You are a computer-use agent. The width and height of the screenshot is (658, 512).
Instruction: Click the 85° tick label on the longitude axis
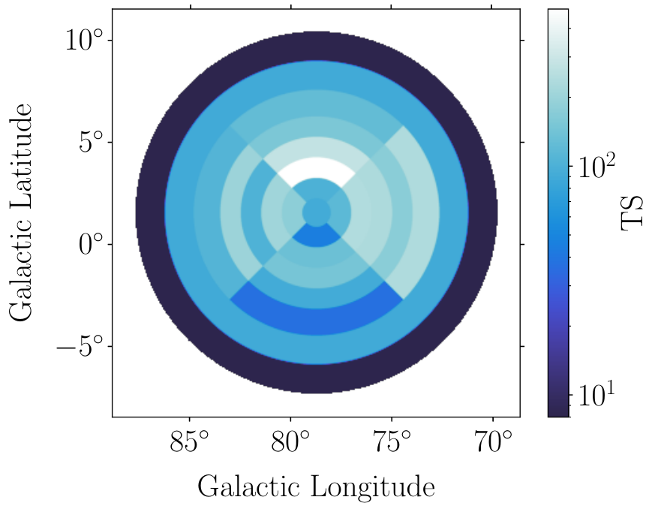[x=189, y=441]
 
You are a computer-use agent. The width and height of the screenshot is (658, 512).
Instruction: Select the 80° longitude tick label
[x=290, y=441]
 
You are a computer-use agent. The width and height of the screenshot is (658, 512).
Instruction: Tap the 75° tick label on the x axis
[x=392, y=441]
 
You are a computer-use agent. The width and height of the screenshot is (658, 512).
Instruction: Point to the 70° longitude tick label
[x=493, y=441]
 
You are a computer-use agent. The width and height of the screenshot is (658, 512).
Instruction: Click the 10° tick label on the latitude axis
[x=84, y=41]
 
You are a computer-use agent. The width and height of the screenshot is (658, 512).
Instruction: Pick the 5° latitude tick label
[x=91, y=142]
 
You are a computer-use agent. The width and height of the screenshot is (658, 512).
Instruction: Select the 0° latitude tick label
[x=91, y=245]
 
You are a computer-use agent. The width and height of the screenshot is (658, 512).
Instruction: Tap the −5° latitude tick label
[x=80, y=346]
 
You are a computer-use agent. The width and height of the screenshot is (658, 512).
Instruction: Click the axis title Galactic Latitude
[x=21, y=212]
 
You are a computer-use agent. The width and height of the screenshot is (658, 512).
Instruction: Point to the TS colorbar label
[x=632, y=212]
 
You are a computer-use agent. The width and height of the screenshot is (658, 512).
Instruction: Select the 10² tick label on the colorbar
[x=596, y=165]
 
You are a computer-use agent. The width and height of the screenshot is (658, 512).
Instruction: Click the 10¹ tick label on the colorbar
[x=596, y=394]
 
